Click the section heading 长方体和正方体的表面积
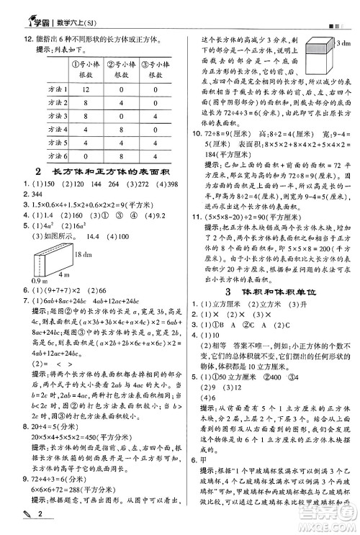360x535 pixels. (x=101, y=171)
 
